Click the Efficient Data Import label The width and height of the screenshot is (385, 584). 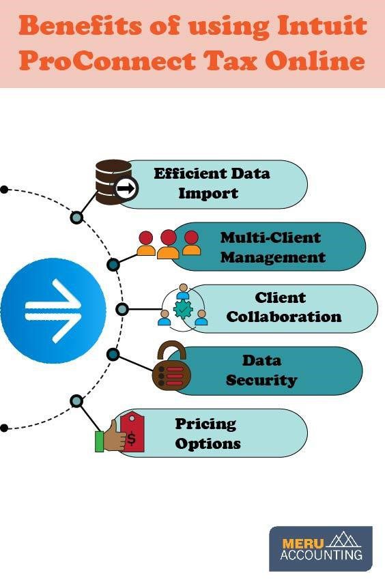(x=211, y=183)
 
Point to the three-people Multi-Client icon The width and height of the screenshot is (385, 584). (x=168, y=244)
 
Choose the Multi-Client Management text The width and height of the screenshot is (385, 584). (x=272, y=247)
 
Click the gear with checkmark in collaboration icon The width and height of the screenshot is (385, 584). (x=183, y=309)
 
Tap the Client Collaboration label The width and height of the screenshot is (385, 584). (x=283, y=308)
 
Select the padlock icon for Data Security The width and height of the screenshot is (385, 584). (x=168, y=368)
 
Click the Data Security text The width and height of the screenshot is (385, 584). (x=261, y=370)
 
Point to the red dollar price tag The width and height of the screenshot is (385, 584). (x=132, y=435)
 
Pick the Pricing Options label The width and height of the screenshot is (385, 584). (x=208, y=433)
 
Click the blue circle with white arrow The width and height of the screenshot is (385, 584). (x=53, y=310)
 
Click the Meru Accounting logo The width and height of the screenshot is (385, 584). (x=320, y=547)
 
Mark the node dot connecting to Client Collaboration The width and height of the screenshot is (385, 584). (x=122, y=309)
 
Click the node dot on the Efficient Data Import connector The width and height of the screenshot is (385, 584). (x=77, y=218)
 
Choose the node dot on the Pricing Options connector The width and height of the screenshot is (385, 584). (x=77, y=401)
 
